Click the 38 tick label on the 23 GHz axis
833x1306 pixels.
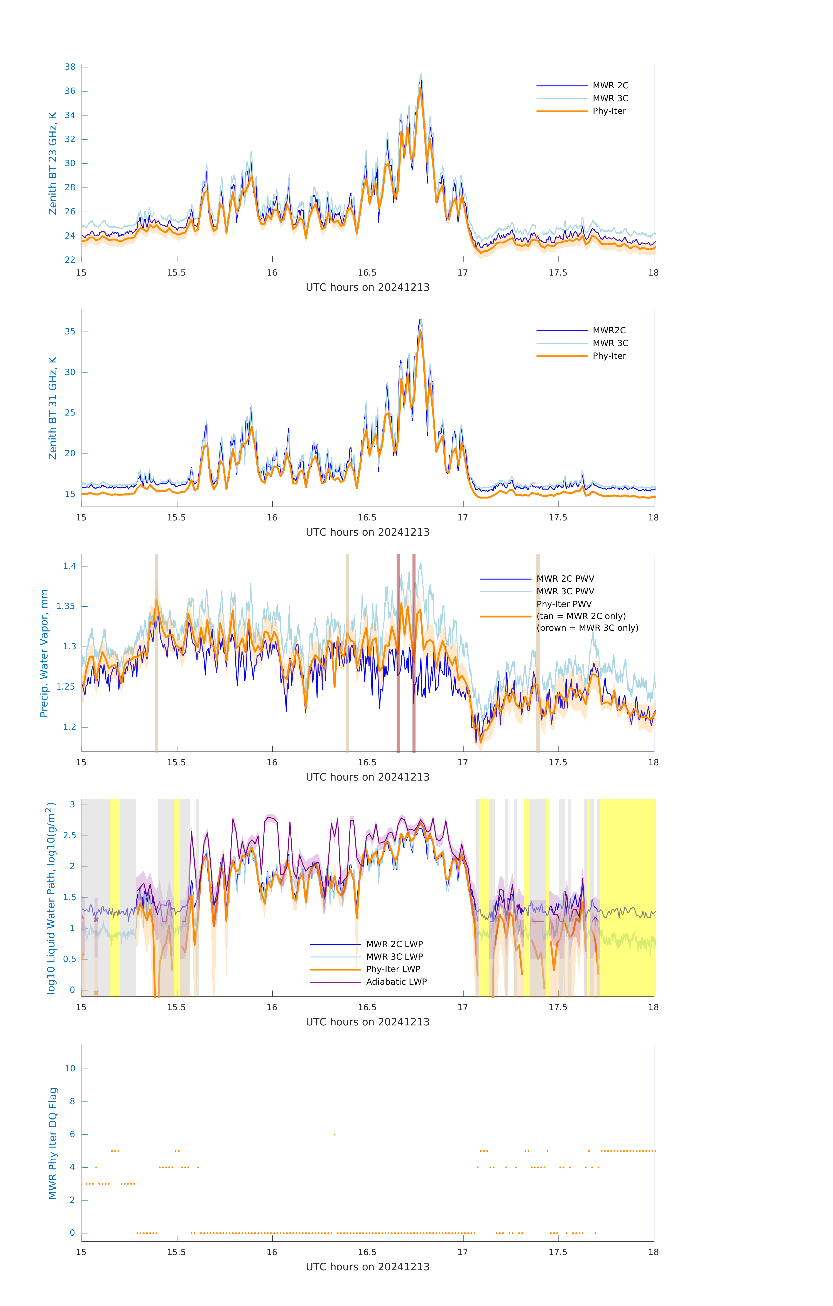(x=70, y=67)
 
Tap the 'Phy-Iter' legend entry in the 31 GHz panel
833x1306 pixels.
(x=609, y=356)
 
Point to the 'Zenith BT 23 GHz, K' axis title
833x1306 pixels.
(x=53, y=163)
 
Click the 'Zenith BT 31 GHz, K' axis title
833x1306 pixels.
(x=53, y=408)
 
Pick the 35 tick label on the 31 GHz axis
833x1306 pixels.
(x=70, y=331)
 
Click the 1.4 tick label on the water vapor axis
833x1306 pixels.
(x=69, y=566)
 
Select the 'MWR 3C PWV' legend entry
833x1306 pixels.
(x=565, y=591)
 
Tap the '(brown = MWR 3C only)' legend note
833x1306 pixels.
(x=587, y=628)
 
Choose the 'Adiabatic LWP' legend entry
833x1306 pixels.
(x=396, y=982)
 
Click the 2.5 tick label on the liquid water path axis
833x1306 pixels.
(x=69, y=835)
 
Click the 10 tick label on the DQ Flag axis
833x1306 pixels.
(x=70, y=1069)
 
